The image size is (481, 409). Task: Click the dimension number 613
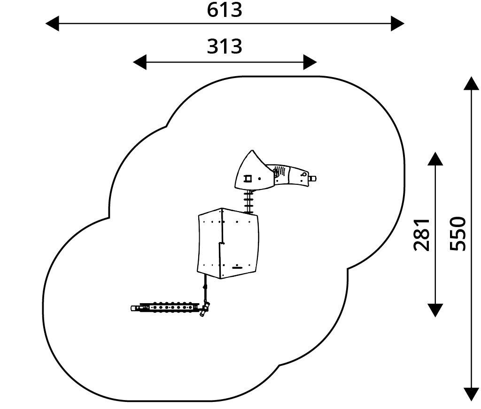[x=225, y=9]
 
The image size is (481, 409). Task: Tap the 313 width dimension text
[x=225, y=47]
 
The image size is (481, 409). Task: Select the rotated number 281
[x=422, y=234]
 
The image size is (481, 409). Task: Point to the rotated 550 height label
[x=458, y=234]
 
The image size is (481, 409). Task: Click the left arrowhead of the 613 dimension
[x=52, y=23]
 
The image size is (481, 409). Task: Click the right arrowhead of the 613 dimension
[x=397, y=23]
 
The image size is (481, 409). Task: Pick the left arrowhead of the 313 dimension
[x=140, y=62]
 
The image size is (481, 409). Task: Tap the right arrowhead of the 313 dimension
[x=310, y=62]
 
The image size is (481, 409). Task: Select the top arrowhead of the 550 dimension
[x=471, y=83]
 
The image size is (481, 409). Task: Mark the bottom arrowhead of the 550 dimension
[x=471, y=394]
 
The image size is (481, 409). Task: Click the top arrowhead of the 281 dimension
[x=435, y=159]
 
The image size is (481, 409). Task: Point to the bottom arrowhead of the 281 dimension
[x=435, y=310]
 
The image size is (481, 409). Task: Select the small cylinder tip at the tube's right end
[x=313, y=178]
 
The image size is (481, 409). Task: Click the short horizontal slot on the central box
[x=238, y=267]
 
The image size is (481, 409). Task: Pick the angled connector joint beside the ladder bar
[x=205, y=308]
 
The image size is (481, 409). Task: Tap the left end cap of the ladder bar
[x=134, y=308]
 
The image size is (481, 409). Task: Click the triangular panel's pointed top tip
[x=252, y=151]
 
